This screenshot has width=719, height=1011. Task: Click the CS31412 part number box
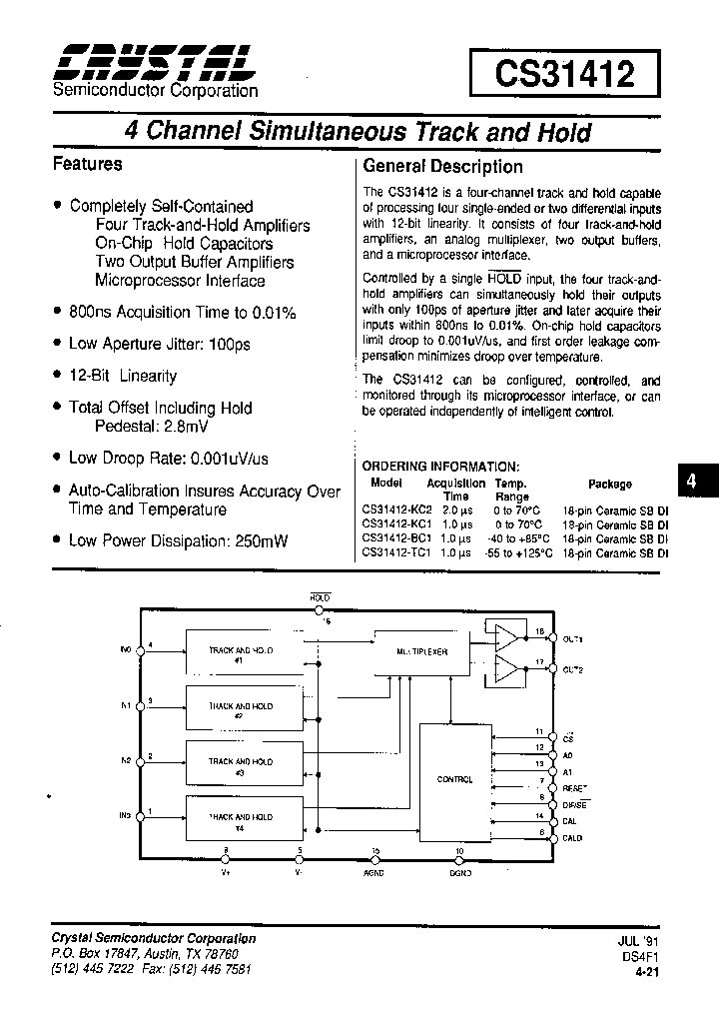click(566, 74)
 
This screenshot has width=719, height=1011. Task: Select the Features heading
click(87, 164)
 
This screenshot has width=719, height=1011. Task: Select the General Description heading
click(442, 167)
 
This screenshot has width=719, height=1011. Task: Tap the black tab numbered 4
click(691, 483)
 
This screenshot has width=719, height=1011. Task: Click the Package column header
click(609, 484)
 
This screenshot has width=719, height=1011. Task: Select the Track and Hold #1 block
click(243, 654)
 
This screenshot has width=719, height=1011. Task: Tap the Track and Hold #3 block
click(243, 765)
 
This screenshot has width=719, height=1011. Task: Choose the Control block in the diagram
click(455, 779)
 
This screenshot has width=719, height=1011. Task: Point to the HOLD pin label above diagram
click(320, 596)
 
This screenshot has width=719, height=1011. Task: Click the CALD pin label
click(572, 838)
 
